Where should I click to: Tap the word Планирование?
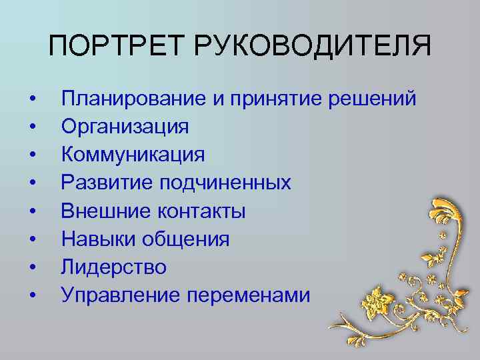[134, 99]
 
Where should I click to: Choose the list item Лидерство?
[114, 267]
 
